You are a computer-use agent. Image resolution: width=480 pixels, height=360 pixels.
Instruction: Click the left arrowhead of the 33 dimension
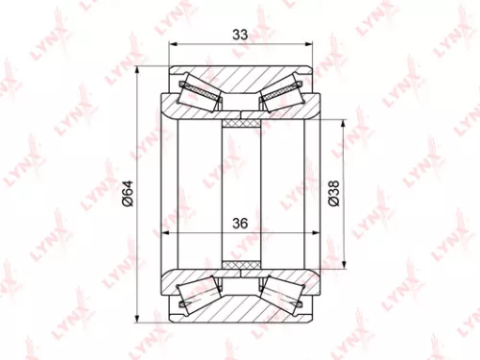[173, 44]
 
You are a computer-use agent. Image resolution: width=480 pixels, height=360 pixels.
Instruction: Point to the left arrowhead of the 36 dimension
[166, 233]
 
